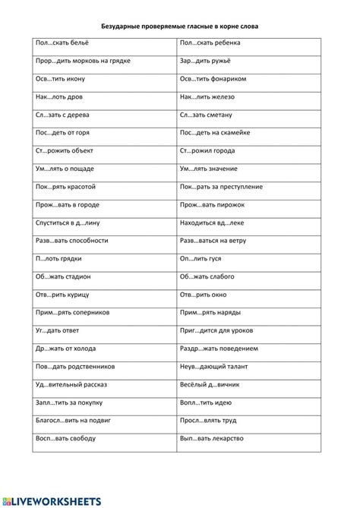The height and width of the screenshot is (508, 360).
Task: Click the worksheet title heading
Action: (x=180, y=25)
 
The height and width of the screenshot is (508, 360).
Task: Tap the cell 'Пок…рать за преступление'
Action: (x=221, y=186)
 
